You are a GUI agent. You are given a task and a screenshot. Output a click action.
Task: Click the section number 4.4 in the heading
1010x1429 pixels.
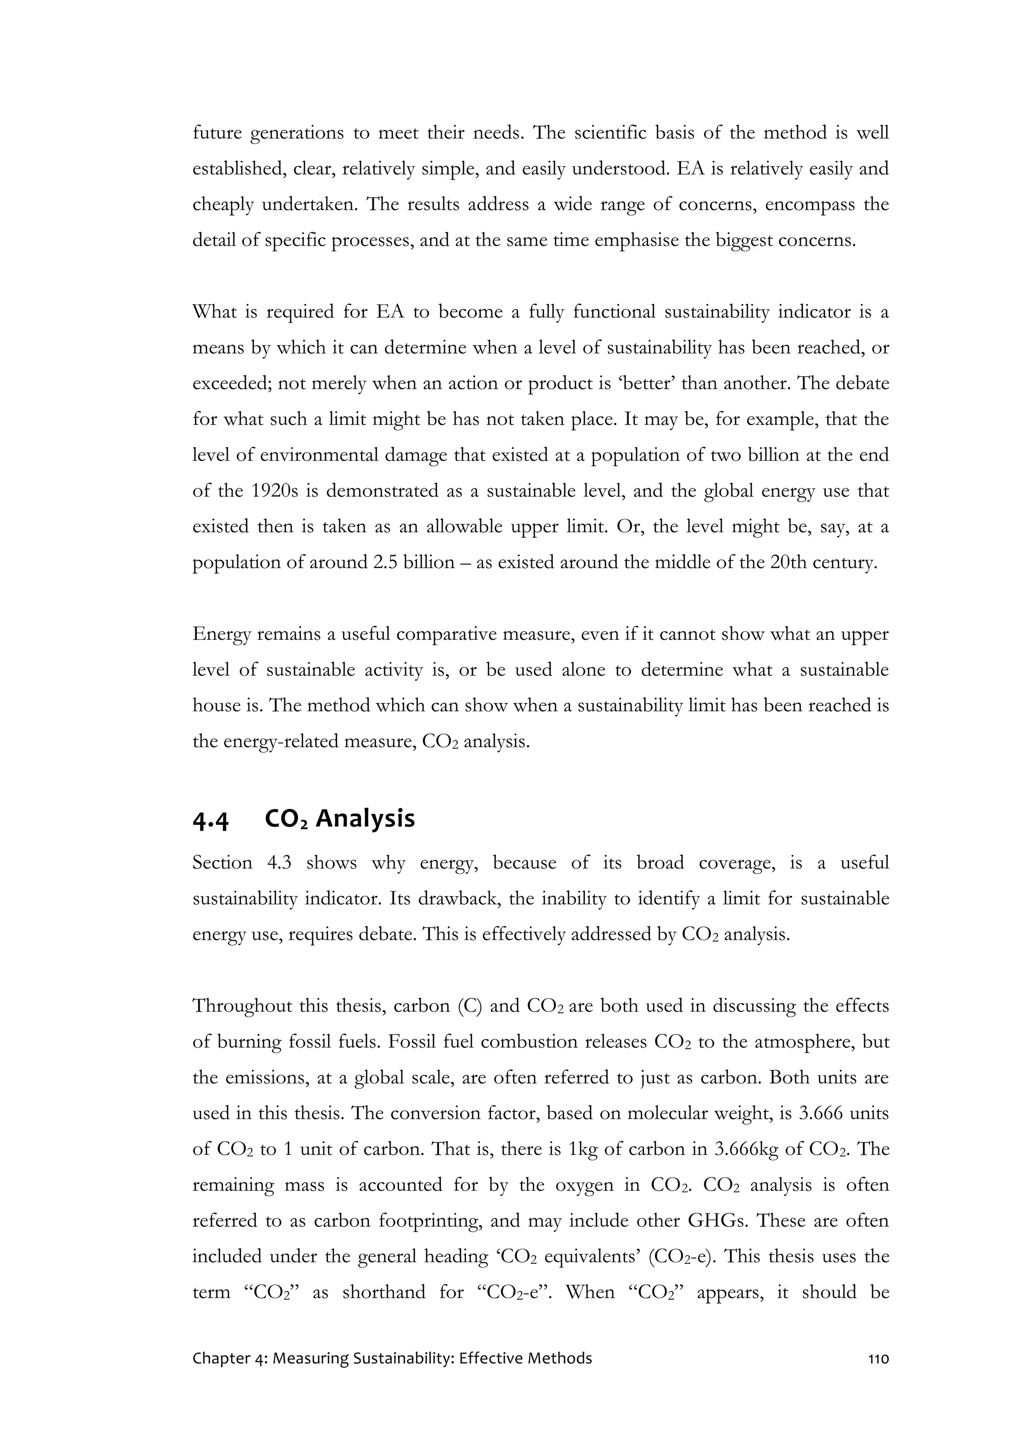click(x=211, y=821)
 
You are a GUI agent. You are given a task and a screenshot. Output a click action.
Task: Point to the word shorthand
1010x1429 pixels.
click(x=384, y=1293)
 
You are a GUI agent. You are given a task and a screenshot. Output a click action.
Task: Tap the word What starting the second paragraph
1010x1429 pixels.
click(x=215, y=312)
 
